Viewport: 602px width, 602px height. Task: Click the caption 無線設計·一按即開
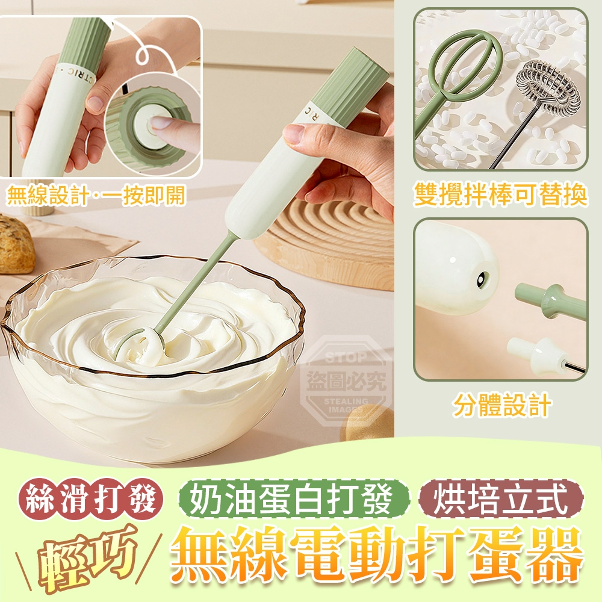[x=96, y=196]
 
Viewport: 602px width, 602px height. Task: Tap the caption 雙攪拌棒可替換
[x=500, y=196]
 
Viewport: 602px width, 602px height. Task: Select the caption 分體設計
[x=501, y=406]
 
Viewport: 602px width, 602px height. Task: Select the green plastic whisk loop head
[x=467, y=57]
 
